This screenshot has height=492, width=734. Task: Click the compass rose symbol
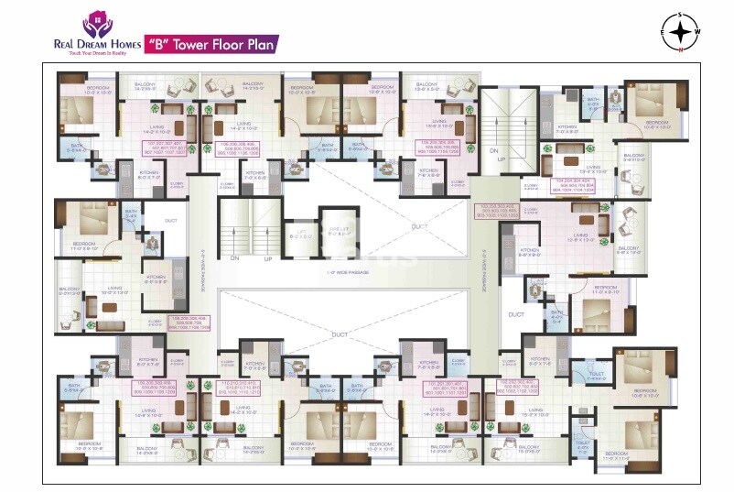point(681,33)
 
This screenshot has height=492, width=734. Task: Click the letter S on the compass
point(681,16)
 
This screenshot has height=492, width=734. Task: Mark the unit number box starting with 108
point(183,323)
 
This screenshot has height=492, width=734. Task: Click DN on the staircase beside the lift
point(234,257)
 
